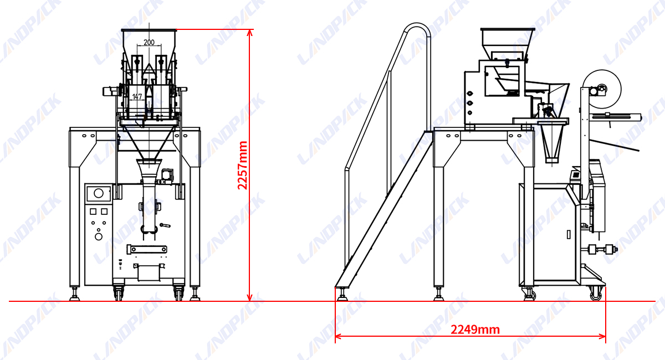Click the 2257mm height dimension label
(x=242, y=165)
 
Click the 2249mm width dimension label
(x=475, y=330)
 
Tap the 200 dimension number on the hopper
(x=149, y=42)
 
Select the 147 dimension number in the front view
(x=137, y=96)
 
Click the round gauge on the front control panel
(x=99, y=193)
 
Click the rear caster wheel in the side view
(x=596, y=294)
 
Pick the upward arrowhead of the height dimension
(x=250, y=32)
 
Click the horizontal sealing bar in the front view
(x=147, y=248)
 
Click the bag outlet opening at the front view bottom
(x=148, y=272)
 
